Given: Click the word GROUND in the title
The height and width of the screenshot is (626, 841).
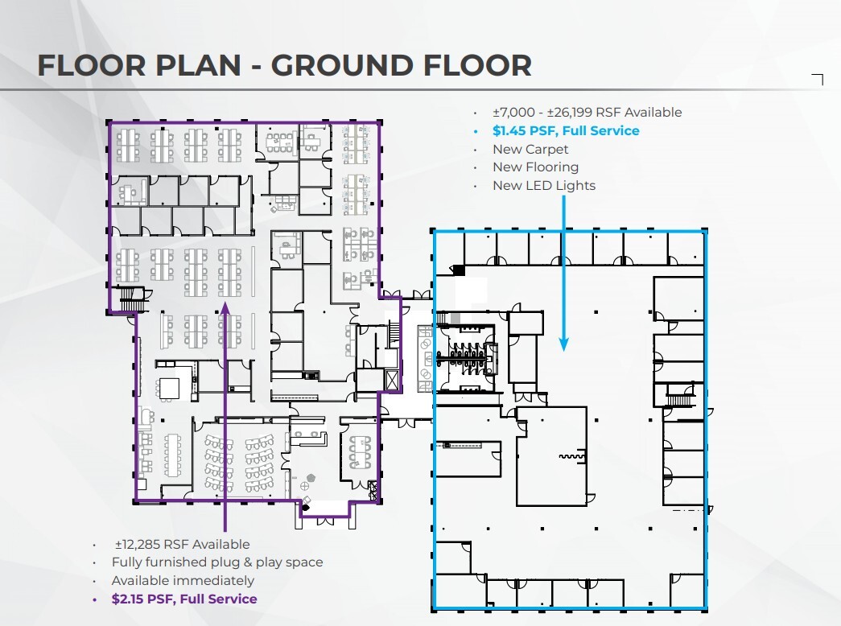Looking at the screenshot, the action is coord(341,65).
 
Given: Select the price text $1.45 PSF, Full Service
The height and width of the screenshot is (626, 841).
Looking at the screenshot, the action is coord(566,131).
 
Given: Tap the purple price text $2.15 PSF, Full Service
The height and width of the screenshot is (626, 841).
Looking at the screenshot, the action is coord(184,599).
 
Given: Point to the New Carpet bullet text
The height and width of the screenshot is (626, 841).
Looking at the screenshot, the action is coord(530,149).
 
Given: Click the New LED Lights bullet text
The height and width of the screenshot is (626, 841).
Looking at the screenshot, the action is coord(544,186).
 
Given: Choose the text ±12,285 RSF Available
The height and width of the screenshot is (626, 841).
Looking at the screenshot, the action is coord(183,545).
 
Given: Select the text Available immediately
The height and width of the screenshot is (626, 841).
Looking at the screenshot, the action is coord(183,580).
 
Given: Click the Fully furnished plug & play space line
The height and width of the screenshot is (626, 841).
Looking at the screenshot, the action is coord(217,562).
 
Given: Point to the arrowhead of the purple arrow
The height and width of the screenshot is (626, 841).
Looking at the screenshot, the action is coord(225,307).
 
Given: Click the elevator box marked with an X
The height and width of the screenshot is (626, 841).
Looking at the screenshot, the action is coord(393,380).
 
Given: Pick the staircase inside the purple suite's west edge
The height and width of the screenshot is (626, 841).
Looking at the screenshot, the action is coord(129,299).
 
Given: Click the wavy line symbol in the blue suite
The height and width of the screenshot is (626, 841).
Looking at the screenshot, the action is coord(571,456).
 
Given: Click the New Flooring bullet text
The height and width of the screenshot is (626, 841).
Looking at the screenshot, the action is coord(535,167).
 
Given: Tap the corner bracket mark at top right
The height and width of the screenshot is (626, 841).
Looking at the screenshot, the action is coord(818,79).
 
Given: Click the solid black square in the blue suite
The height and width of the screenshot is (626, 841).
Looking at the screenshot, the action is coord(459,270).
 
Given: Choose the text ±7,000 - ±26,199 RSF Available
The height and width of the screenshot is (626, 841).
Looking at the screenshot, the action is coord(587,113).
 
